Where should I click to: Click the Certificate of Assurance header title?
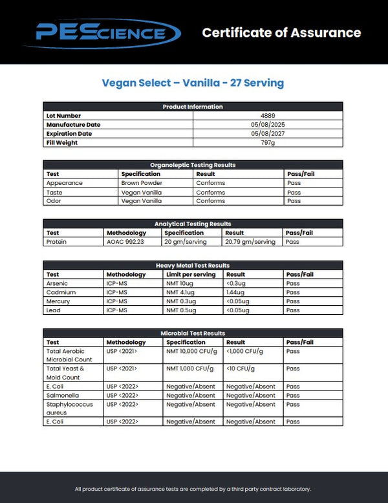coord(281,32)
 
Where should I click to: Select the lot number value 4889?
coord(267,116)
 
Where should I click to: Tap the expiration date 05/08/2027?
coord(267,134)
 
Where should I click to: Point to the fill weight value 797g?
coord(267,143)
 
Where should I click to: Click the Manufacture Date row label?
coord(73,125)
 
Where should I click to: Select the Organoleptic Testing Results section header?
coord(193,165)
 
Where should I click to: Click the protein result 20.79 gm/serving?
coord(250,242)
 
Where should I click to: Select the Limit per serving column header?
coord(190,274)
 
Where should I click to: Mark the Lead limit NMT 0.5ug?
coord(180,310)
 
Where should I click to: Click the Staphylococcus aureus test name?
coord(66,408)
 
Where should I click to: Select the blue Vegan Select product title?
coord(193,83)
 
